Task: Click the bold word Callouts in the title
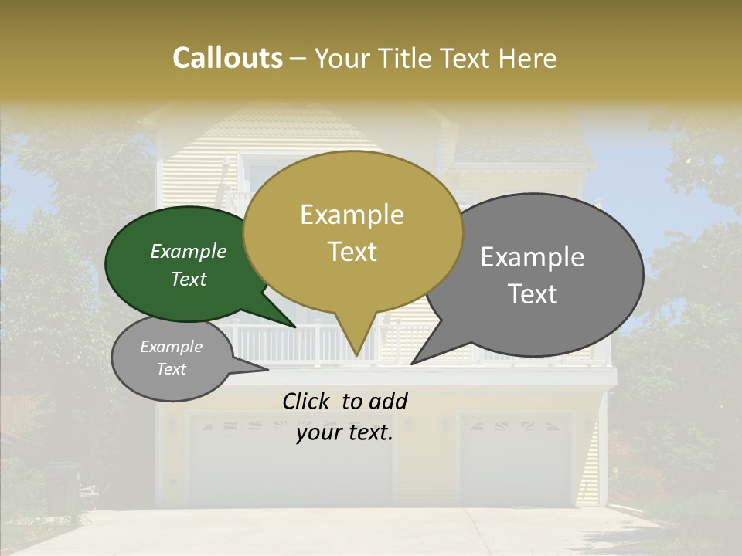pos(227,58)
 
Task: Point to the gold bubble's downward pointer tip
pos(356,355)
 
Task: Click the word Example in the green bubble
pos(188,252)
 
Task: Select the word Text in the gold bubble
pos(352,252)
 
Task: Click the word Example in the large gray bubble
pos(533,257)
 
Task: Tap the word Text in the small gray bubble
pos(172,369)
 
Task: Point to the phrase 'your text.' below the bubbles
pos(345,432)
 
